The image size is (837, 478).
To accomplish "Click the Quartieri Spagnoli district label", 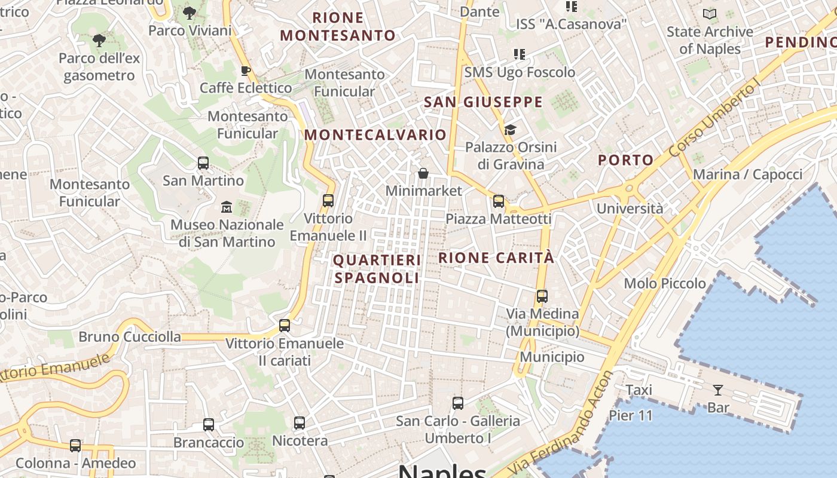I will [x=377, y=269].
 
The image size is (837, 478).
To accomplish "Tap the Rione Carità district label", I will [x=497, y=258].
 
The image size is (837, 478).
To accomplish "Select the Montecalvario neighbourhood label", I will [x=375, y=135].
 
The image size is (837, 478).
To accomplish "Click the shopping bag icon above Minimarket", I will [x=423, y=173].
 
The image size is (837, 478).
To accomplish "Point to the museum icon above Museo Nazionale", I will [x=227, y=207].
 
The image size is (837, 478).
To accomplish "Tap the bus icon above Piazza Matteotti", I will [x=499, y=201].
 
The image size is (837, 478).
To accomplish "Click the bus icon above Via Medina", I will [x=542, y=296].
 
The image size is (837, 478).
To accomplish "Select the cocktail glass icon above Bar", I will [x=718, y=390].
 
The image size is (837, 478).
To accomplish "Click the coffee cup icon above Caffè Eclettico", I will [x=245, y=71].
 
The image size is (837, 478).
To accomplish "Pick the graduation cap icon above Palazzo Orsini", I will [x=510, y=130].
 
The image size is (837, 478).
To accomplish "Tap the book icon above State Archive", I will [x=710, y=14].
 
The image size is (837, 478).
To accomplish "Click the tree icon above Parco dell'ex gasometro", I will [x=99, y=41].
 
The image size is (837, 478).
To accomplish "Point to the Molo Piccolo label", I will [x=665, y=283].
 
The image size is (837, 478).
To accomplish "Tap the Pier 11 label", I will [x=631, y=415].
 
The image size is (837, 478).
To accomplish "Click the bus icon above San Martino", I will [x=203, y=163].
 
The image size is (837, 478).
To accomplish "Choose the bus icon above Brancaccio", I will [x=209, y=425].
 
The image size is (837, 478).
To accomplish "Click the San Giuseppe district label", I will [x=483, y=102].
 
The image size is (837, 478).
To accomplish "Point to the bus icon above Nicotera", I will [x=300, y=423].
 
